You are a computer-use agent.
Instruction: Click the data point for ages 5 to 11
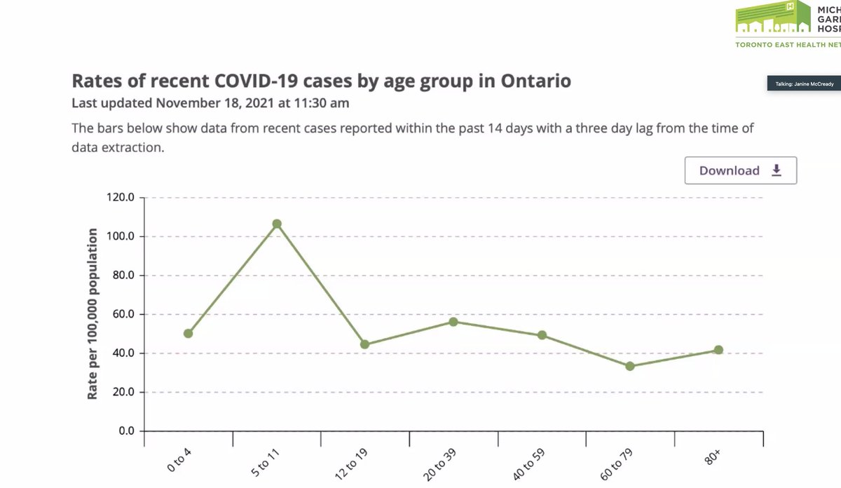point(277,224)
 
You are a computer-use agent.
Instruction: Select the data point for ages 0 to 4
point(188,334)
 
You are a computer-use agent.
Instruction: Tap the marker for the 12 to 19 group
point(364,344)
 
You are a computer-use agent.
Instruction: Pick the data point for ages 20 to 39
point(453,322)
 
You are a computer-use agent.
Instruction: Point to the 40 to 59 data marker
point(542,335)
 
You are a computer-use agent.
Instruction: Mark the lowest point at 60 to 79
point(630,366)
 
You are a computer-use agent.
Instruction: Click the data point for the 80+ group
point(718,350)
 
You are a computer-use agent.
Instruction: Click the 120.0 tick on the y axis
point(120,198)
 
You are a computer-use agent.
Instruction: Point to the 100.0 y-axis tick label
point(120,236)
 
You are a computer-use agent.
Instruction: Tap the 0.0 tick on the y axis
point(125,431)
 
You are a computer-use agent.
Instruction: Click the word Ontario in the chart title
point(536,81)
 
